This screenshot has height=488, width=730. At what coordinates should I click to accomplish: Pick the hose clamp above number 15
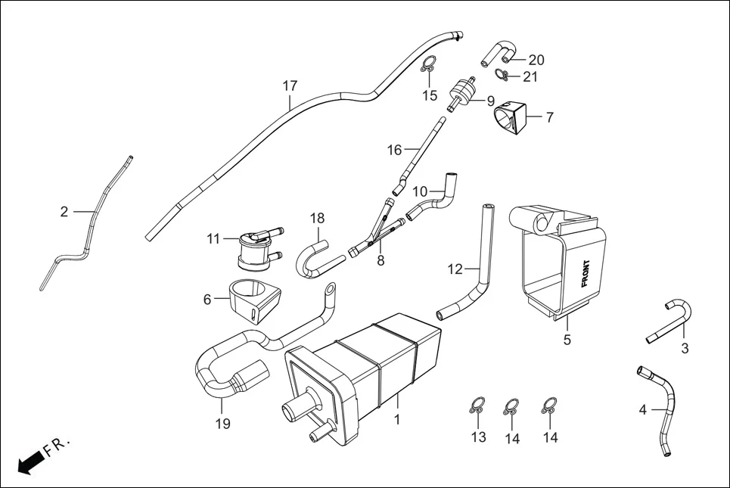(x=429, y=66)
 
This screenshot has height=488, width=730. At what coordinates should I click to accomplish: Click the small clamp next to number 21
(x=501, y=73)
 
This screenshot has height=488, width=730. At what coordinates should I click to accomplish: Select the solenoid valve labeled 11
(x=253, y=250)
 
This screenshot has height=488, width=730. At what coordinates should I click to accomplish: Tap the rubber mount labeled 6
(x=253, y=301)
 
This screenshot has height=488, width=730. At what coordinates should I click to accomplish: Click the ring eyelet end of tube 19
(x=331, y=289)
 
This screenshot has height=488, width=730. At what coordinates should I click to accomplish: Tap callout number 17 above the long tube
(x=290, y=86)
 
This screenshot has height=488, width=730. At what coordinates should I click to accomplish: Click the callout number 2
(x=64, y=212)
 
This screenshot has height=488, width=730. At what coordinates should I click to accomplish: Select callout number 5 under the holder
(x=567, y=340)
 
